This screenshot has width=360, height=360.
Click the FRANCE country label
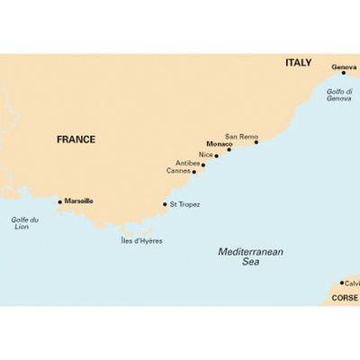click(x=76, y=139)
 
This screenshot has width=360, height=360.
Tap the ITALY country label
click(x=298, y=63)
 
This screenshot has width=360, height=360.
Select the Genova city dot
click(x=343, y=73)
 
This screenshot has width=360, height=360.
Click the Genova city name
click(x=343, y=67)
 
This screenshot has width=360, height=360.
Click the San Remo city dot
click(x=256, y=141)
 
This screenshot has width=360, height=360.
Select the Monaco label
click(x=219, y=144)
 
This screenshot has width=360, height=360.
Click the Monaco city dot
click(x=229, y=149)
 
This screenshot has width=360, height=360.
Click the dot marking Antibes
click(x=203, y=165)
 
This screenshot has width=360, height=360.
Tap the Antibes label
click(x=189, y=163)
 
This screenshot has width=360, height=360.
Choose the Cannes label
click(x=180, y=170)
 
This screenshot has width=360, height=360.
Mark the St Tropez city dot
click(x=164, y=204)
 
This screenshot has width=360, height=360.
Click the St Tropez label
click(x=184, y=204)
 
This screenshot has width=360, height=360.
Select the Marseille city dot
click(x=59, y=202)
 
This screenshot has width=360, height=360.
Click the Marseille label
click(x=79, y=202)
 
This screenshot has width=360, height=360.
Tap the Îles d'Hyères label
click(x=142, y=241)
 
